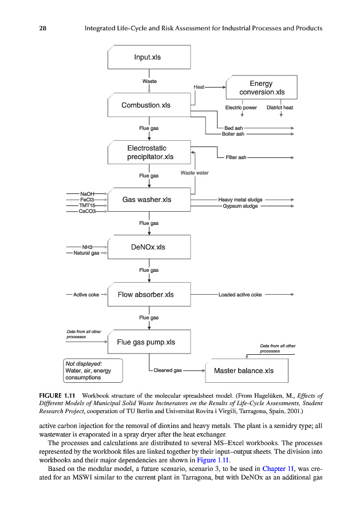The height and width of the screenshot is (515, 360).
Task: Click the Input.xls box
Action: coord(149,58)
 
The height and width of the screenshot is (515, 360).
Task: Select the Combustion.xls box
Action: coord(149,105)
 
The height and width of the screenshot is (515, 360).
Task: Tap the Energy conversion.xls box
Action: coord(262,88)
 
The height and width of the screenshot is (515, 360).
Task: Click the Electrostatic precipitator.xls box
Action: coord(149,152)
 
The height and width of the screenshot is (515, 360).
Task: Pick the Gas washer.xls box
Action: coord(149,200)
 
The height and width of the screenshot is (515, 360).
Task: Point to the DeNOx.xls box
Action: coord(149,247)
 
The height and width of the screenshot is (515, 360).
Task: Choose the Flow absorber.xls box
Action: coord(149,295)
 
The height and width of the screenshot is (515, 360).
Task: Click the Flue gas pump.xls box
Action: coord(149,342)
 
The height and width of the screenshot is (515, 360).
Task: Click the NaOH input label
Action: coord(88,194)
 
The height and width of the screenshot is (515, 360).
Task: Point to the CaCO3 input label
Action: coord(88,211)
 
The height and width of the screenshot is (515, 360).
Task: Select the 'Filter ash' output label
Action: coord(236,157)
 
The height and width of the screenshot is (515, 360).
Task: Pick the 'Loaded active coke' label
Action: coord(240,295)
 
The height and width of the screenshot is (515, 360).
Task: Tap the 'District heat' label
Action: coord(280,108)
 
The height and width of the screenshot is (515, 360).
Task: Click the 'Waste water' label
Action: coord(195,173)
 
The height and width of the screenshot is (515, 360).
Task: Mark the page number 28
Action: coord(42,28)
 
